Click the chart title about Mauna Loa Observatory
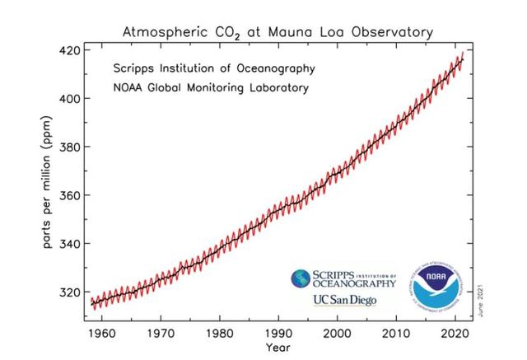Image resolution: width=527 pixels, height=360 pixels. coord(277,32)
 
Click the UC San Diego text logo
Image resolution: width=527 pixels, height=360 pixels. coord(344,300)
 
